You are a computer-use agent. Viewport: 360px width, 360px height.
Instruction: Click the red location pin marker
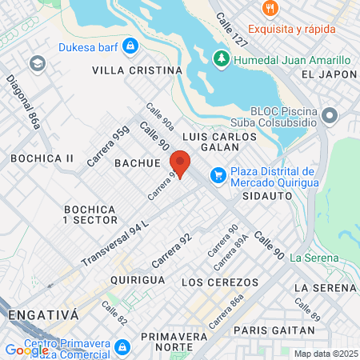[180, 162]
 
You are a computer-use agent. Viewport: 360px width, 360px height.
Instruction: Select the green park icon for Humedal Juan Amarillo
[221, 59]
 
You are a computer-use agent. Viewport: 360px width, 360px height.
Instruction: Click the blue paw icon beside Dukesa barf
[129, 46]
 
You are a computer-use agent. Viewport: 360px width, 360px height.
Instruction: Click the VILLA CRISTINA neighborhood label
[138, 70]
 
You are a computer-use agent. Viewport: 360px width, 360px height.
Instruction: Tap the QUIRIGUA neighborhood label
[138, 280]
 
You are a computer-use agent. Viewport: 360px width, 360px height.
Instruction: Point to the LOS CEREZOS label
[220, 282]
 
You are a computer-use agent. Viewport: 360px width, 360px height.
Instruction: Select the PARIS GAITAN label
[274, 330]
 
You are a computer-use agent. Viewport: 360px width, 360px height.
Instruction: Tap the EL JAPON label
[329, 74]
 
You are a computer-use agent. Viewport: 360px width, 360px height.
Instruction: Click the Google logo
[26, 350]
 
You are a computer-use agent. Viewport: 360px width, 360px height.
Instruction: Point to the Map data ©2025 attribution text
[326, 354]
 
